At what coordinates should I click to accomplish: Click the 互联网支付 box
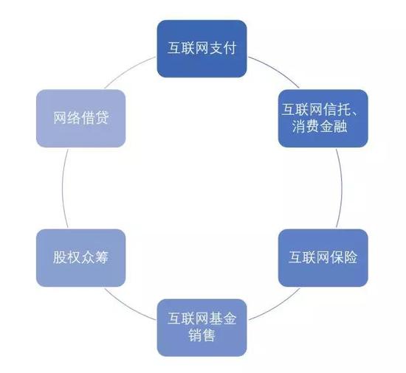point(202,49)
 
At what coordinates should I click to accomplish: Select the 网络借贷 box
point(80,119)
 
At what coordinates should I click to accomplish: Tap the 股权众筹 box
point(80,258)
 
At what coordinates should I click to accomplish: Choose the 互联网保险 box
point(323,258)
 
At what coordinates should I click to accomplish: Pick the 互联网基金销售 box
point(202,327)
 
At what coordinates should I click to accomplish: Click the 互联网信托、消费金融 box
point(323,119)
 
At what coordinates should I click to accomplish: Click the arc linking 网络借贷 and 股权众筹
point(63,188)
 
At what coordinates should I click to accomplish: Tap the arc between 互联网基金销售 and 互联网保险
point(275,307)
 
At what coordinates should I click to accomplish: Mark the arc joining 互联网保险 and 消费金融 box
point(342,188)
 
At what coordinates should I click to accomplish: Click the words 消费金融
point(320,127)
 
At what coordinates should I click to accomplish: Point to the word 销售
point(202,335)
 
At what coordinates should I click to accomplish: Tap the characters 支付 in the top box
point(222,48)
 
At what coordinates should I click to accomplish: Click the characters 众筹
point(94,257)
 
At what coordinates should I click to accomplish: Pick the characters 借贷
point(94,118)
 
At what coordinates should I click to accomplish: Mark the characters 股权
point(66,257)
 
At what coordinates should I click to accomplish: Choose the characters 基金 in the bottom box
point(222,318)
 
